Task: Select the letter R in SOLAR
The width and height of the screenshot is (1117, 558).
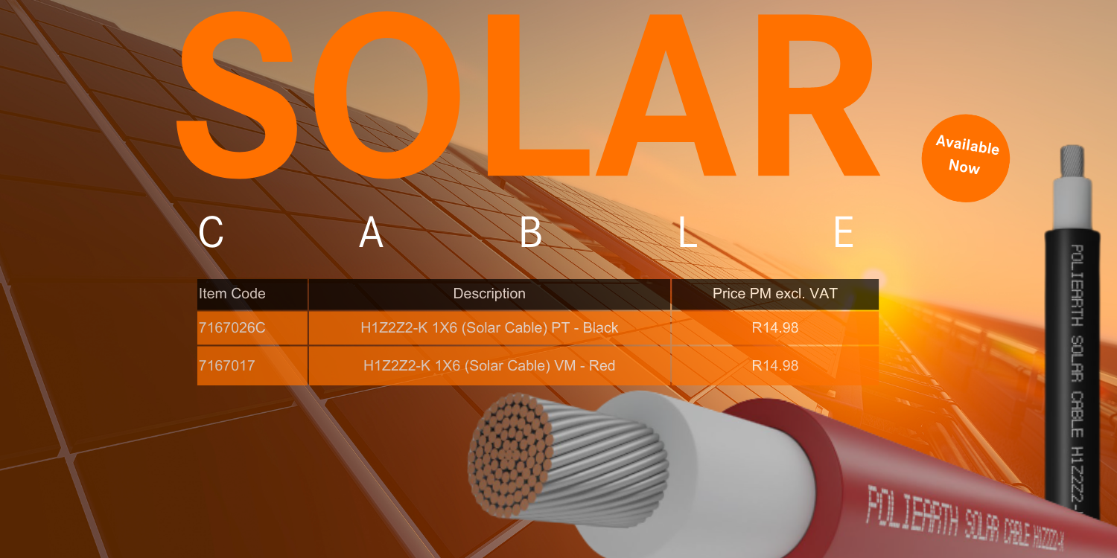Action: click(818, 94)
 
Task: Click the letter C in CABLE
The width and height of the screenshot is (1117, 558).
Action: click(211, 231)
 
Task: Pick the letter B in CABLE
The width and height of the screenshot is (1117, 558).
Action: click(530, 231)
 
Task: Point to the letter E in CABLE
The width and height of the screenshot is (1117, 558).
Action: click(844, 231)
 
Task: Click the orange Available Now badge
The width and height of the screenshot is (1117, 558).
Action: click(965, 158)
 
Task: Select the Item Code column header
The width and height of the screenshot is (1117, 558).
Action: click(232, 293)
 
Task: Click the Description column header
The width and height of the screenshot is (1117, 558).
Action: click(489, 293)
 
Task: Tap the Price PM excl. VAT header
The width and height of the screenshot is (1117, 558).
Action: click(775, 293)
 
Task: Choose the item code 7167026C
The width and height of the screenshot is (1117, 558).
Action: click(232, 328)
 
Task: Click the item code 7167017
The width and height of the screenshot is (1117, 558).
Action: click(227, 366)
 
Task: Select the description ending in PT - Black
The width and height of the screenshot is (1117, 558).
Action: click(489, 328)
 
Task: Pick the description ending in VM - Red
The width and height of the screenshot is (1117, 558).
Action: click(489, 366)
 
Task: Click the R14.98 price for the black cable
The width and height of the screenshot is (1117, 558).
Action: click(775, 328)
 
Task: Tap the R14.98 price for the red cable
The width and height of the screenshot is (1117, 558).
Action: click(775, 366)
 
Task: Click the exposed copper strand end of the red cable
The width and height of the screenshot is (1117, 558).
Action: click(509, 455)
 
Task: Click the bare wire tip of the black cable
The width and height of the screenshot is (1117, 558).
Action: click(1072, 161)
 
